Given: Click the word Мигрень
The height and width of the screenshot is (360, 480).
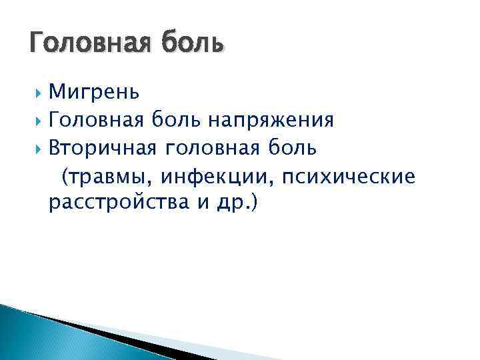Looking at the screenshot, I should click(94, 90).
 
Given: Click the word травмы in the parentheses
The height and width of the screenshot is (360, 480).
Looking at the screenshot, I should click(106, 177).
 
